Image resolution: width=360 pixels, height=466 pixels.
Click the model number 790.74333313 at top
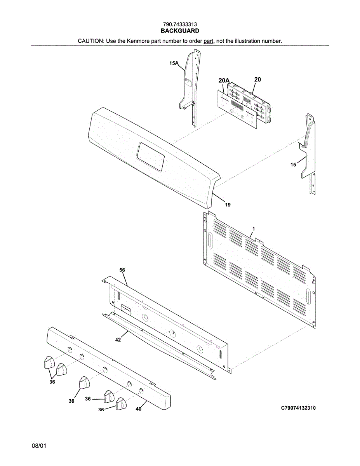pyautogui.click(x=180, y=24)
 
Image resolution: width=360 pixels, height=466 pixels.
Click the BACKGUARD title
pyautogui.click(x=180, y=31)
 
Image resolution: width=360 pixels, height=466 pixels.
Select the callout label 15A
pyautogui.click(x=174, y=63)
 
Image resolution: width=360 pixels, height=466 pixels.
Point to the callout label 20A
pyautogui.click(x=224, y=80)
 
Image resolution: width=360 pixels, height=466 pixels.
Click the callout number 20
pyautogui.click(x=257, y=79)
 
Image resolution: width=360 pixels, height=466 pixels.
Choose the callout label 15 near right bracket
pyautogui.click(x=293, y=165)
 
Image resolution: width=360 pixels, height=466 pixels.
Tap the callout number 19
pyautogui.click(x=228, y=205)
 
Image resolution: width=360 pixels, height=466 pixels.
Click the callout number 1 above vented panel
pyautogui.click(x=253, y=229)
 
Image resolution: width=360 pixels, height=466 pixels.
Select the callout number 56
pyautogui.click(x=122, y=270)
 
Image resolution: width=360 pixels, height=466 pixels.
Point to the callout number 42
pyautogui.click(x=118, y=339)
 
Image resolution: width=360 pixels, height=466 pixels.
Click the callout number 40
pyautogui.click(x=138, y=409)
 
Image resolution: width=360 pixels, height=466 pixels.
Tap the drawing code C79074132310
pyautogui.click(x=298, y=408)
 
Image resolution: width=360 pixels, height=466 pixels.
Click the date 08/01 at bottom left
pyautogui.click(x=39, y=446)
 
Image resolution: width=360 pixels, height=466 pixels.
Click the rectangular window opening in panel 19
pyautogui.click(x=151, y=157)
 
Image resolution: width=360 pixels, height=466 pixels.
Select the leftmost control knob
pyautogui.click(x=48, y=362)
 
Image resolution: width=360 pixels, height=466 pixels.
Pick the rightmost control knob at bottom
pyautogui.click(x=121, y=403)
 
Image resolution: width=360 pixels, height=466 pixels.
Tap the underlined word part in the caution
pyautogui.click(x=209, y=41)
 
